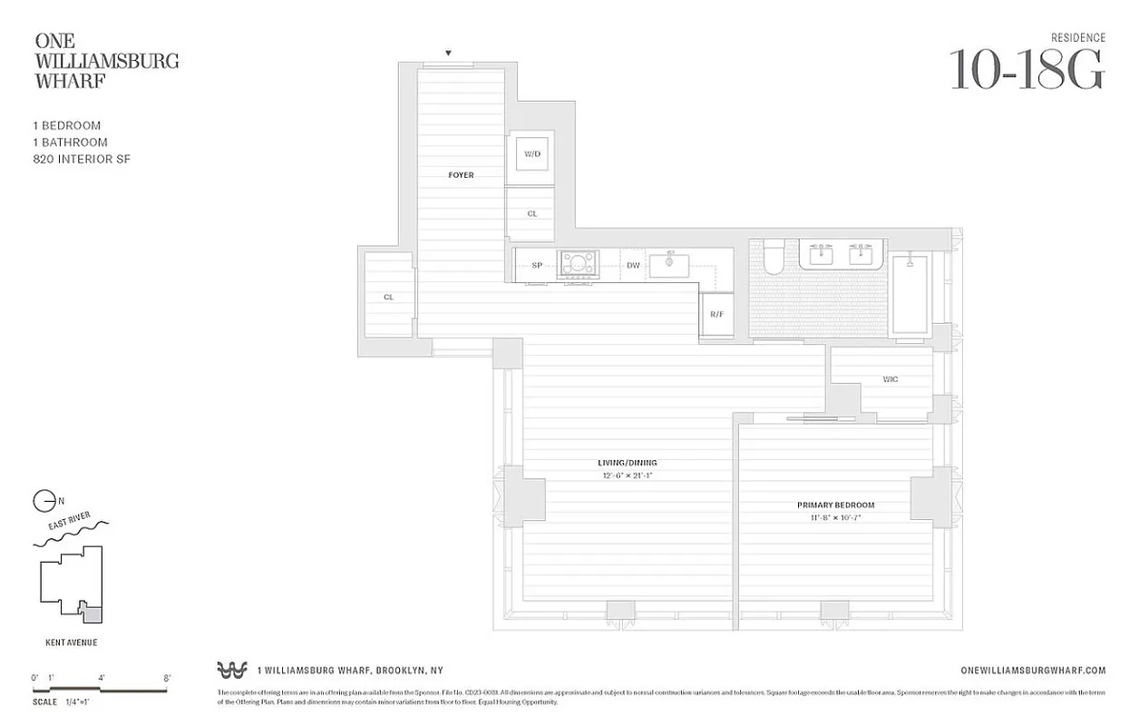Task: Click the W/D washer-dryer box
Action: (531, 154)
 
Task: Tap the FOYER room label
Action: (461, 175)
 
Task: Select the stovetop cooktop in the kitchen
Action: (578, 264)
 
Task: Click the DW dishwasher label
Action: (633, 265)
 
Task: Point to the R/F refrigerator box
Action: (716, 314)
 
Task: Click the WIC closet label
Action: (890, 379)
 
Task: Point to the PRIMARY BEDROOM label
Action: (835, 505)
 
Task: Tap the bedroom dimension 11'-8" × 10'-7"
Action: (835, 518)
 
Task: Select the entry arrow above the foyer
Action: (448, 54)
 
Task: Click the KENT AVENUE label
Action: (71, 643)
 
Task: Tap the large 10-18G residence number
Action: (1027, 70)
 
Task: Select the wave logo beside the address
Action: (232, 670)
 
